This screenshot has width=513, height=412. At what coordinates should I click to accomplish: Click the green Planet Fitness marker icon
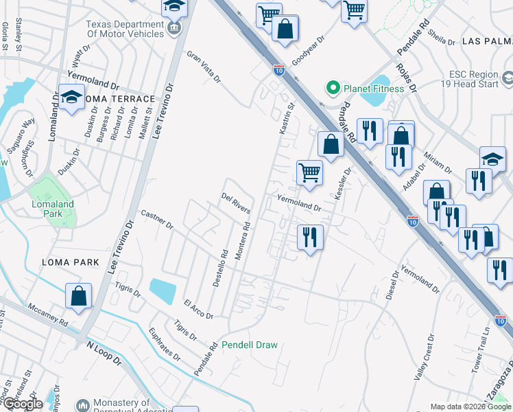[x=333, y=88]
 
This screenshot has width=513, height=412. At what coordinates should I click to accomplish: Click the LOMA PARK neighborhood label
[x=70, y=262]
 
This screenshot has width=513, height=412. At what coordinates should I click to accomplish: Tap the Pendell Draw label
[x=248, y=345]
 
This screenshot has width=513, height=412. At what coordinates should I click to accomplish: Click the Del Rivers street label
[x=235, y=203]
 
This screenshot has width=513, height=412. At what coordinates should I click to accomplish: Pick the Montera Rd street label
[x=241, y=241]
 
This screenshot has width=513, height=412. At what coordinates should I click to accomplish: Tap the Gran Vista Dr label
[x=204, y=67]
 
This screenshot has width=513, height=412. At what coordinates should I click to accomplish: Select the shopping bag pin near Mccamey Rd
[x=79, y=297]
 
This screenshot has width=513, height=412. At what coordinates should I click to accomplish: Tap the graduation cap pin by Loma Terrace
[x=71, y=98]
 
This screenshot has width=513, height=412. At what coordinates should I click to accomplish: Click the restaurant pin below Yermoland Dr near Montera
[x=310, y=238]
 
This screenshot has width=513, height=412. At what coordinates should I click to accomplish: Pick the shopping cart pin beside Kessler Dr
[x=309, y=172]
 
